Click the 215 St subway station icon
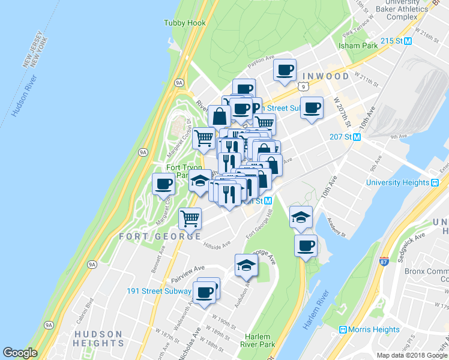pyautogui.click(x=408, y=41)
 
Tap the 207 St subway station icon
pyautogui.click(x=357, y=137)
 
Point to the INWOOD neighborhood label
pyautogui.click(x=326, y=76)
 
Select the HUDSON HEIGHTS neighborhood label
pyautogui.click(x=98, y=338)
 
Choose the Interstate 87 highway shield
pyautogui.click(x=384, y=260)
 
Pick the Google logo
pyautogui.click(x=20, y=353)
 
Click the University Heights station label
pyautogui.click(x=401, y=182)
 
